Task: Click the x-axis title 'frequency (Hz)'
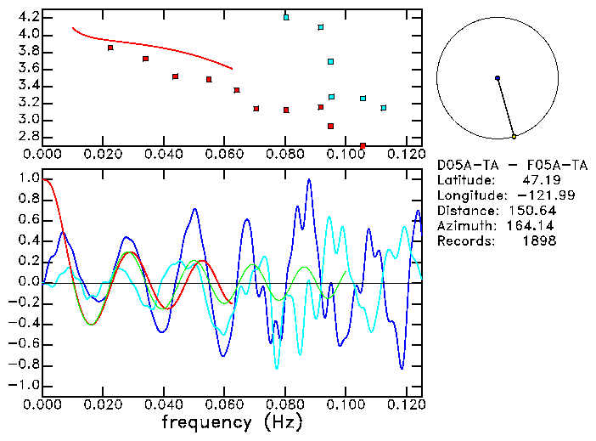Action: (x=232, y=421)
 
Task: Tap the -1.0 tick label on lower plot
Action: (x=24, y=385)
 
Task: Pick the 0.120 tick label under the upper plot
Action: (x=406, y=154)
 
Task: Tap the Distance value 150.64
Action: (x=533, y=211)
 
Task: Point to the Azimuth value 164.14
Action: (x=533, y=226)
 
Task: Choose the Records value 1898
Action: (x=540, y=241)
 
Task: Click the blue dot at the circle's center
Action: (x=498, y=78)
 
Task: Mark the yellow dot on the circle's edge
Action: (x=514, y=136)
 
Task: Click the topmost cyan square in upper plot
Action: (x=286, y=17)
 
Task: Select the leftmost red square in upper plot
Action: (x=110, y=48)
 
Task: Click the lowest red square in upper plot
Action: (x=363, y=146)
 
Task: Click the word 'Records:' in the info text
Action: (x=464, y=241)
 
